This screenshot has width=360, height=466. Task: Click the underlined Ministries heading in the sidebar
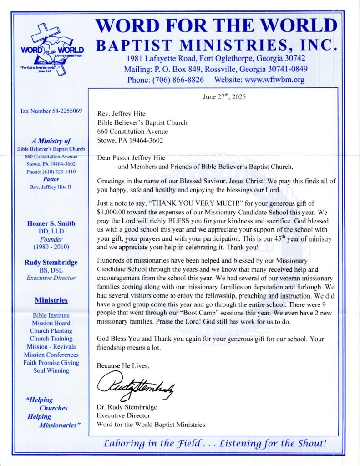point(51,300)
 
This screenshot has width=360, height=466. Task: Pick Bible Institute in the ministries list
point(51,315)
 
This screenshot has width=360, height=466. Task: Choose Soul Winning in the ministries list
point(51,370)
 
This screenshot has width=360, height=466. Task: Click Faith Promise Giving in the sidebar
point(51,363)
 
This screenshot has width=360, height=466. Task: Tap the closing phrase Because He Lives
point(123,365)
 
